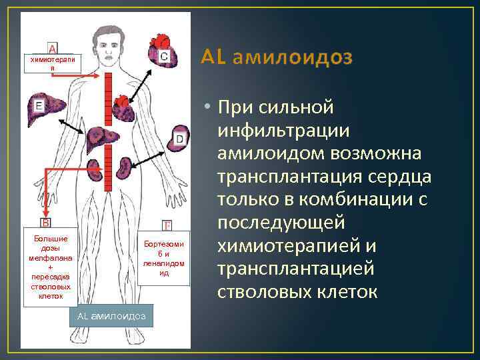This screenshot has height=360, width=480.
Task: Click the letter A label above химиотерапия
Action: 53,48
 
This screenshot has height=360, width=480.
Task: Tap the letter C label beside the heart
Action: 164,57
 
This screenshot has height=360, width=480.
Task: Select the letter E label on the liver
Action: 39,105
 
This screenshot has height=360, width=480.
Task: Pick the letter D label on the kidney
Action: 179,138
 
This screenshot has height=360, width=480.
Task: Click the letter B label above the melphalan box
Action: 46,222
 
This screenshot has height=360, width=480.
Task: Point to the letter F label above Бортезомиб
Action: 167,226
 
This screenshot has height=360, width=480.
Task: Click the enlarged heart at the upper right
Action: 157,47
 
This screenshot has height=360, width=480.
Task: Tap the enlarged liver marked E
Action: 49,109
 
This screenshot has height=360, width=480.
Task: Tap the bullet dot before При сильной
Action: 209,107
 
